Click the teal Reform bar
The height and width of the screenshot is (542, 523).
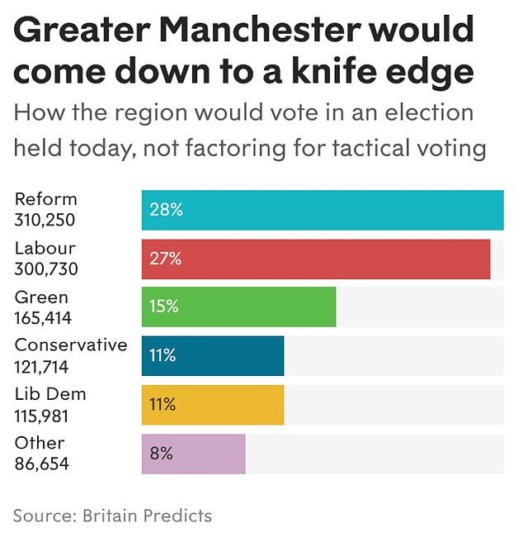[323, 210]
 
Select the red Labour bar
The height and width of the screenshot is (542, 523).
[316, 259]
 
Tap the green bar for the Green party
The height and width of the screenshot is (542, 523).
[238, 307]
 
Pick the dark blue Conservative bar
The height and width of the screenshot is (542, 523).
[213, 356]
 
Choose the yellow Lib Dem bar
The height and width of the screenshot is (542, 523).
[213, 405]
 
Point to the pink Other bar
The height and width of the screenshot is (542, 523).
[194, 454]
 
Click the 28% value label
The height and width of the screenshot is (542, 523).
[165, 210]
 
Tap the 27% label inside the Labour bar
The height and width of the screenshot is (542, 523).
[165, 259]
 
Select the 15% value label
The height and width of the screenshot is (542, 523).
[163, 307]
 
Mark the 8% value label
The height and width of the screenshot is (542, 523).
[161, 454]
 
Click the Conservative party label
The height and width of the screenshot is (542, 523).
[71, 345]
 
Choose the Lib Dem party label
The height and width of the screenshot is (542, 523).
[49, 394]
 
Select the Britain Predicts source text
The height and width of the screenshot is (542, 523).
[147, 516]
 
